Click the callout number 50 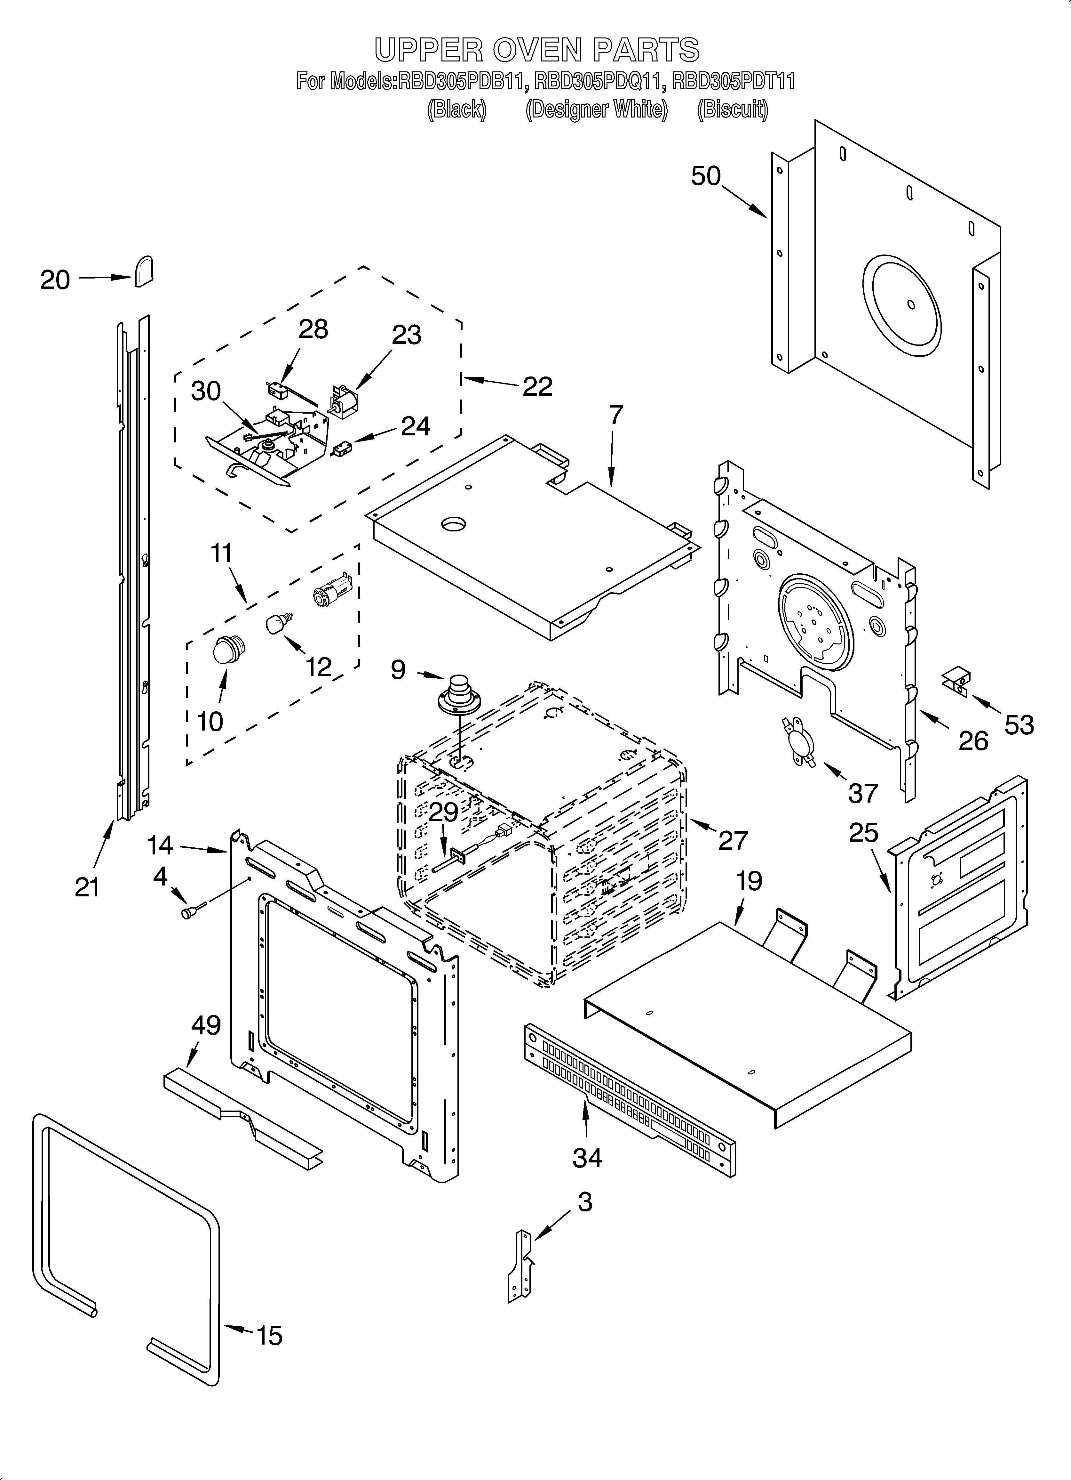pyautogui.click(x=706, y=176)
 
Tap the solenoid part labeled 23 pyautogui.click(x=344, y=401)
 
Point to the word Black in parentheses pyautogui.click(x=456, y=109)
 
